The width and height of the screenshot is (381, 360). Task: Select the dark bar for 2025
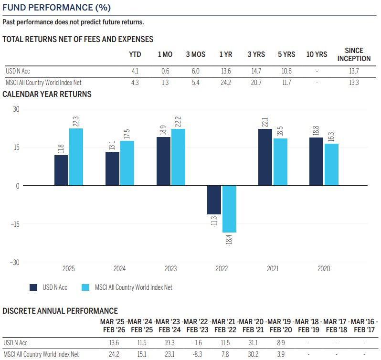(x=62, y=170)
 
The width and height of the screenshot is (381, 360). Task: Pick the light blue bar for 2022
(x=229, y=209)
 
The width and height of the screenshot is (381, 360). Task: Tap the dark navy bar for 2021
(x=265, y=157)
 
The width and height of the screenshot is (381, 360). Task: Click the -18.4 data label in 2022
(x=229, y=241)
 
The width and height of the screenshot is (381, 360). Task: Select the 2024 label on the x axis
(x=119, y=269)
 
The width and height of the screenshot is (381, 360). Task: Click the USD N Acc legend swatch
(x=34, y=287)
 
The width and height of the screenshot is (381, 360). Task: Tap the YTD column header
(x=135, y=54)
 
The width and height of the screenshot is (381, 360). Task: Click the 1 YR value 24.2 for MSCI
(x=225, y=82)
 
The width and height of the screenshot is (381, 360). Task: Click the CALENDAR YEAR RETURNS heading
(x=47, y=94)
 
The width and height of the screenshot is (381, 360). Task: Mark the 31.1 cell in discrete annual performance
(x=253, y=342)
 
